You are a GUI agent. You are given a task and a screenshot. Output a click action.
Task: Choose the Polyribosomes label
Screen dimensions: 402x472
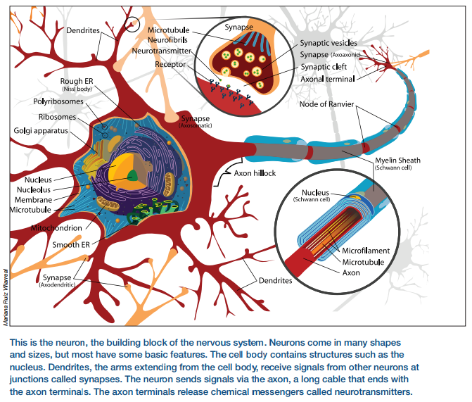(x=58, y=101)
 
